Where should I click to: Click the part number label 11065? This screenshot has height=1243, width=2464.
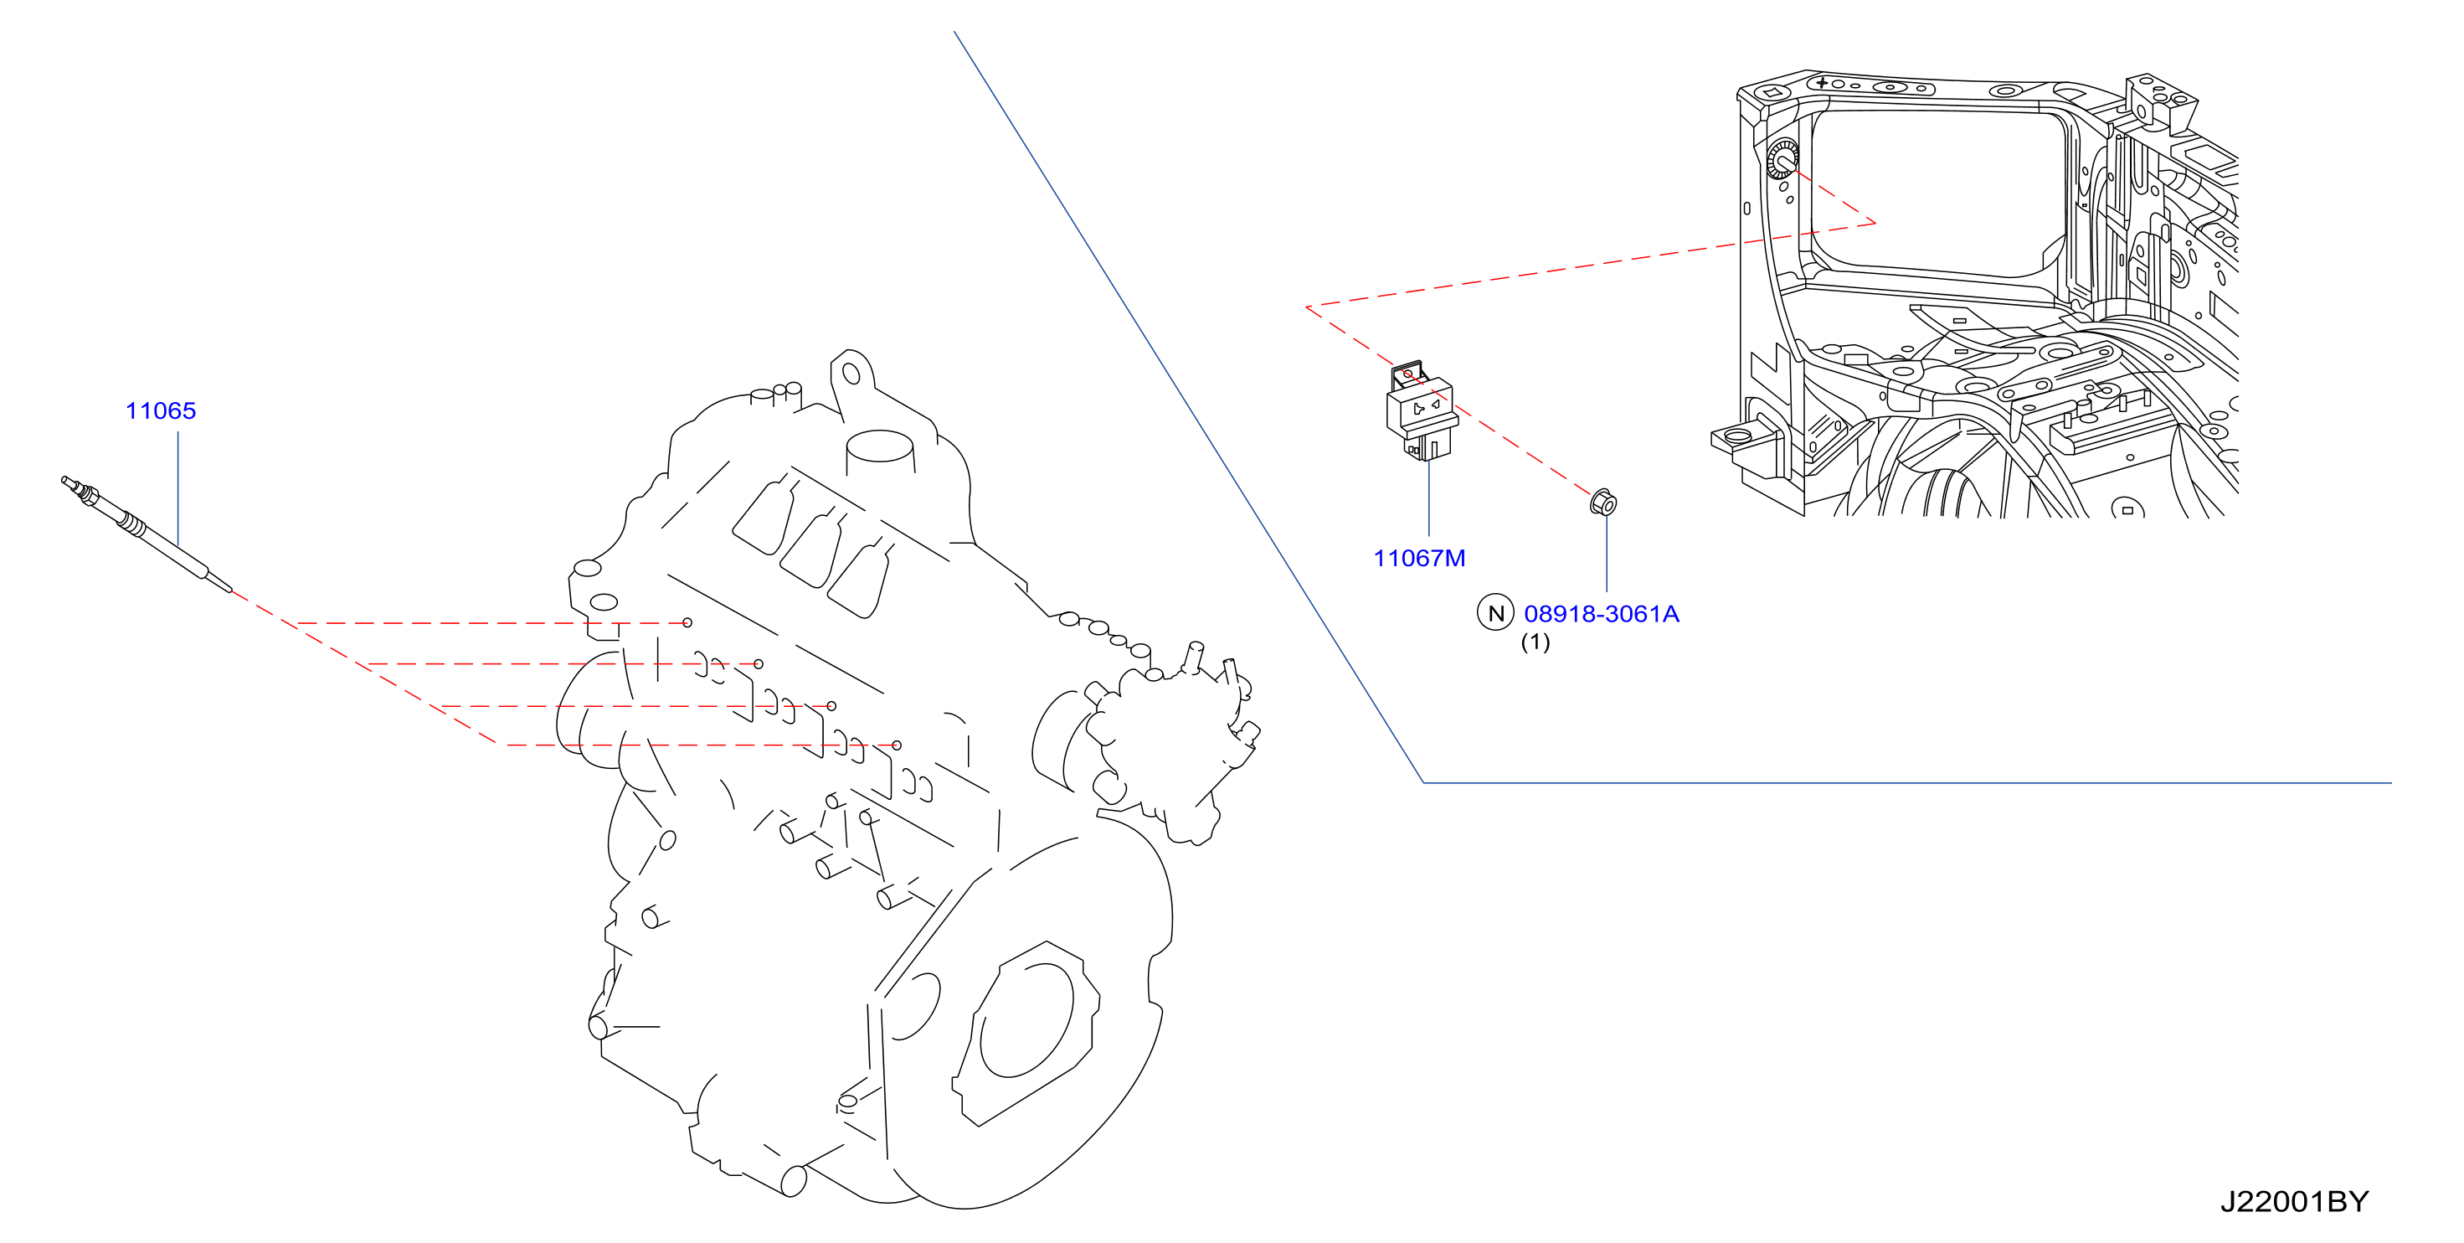tap(161, 411)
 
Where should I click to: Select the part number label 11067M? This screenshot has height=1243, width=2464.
tap(1419, 559)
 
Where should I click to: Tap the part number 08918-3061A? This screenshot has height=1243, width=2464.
tap(1601, 614)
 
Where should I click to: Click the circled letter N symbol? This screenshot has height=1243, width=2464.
tap(1496, 613)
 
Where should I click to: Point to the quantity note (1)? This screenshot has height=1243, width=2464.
tap(1535, 642)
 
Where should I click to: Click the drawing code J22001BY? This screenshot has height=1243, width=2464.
tap(2294, 1202)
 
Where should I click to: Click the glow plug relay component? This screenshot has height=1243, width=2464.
tap(1422, 410)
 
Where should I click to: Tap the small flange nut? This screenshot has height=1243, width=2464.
tap(1604, 503)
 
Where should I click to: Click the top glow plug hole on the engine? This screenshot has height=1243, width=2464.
tap(687, 623)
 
